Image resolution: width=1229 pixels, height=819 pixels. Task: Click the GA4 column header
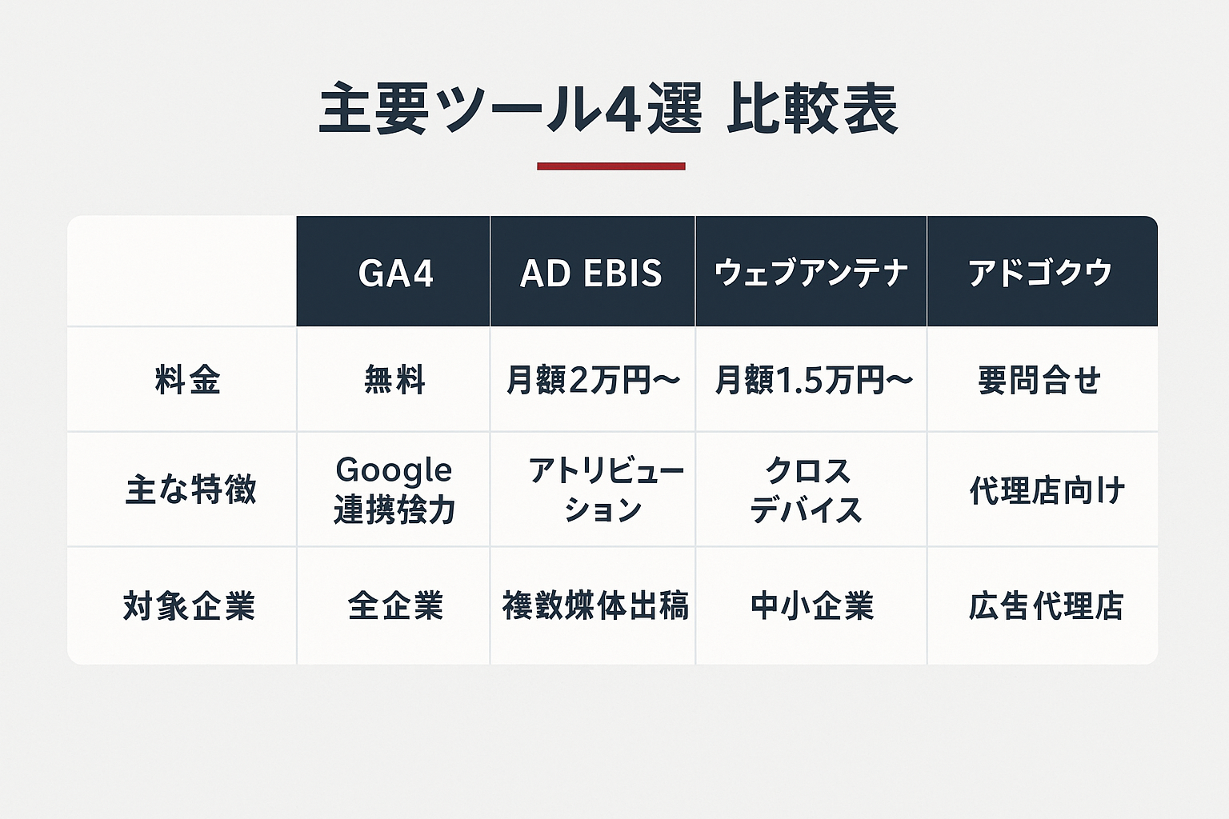pyautogui.click(x=395, y=274)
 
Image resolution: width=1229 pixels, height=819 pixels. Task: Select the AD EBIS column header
pyautogui.click(x=591, y=274)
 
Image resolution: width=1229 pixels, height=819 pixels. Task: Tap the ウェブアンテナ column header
pyautogui.click(x=811, y=274)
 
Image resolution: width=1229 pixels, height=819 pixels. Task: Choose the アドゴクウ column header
pyautogui.click(x=1040, y=274)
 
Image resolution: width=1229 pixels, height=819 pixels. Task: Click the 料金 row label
pyautogui.click(x=187, y=380)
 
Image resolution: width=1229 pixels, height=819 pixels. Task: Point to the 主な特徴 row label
pyautogui.click(x=190, y=489)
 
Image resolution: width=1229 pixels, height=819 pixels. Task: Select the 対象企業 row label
pyautogui.click(x=189, y=606)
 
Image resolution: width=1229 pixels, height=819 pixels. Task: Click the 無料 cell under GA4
pyautogui.click(x=394, y=380)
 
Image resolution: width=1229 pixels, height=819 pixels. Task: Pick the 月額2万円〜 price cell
pyautogui.click(x=592, y=380)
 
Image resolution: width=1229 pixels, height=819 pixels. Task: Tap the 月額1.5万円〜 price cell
pyautogui.click(x=813, y=380)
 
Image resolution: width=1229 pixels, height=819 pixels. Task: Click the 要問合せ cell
pyautogui.click(x=1039, y=380)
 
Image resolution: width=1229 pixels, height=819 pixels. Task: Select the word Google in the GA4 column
pyautogui.click(x=394, y=470)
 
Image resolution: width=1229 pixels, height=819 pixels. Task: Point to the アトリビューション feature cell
pyautogui.click(x=605, y=489)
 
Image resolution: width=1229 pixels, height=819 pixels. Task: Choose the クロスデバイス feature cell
pyautogui.click(x=807, y=489)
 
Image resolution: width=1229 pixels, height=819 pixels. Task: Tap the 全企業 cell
pyautogui.click(x=395, y=606)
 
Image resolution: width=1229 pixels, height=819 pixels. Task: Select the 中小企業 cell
pyautogui.click(x=811, y=606)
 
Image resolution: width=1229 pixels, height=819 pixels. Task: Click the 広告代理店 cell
pyautogui.click(x=1045, y=606)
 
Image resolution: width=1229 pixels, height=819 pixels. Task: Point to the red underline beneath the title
pyautogui.click(x=610, y=166)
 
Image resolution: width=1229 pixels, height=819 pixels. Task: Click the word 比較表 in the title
pyautogui.click(x=811, y=110)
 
